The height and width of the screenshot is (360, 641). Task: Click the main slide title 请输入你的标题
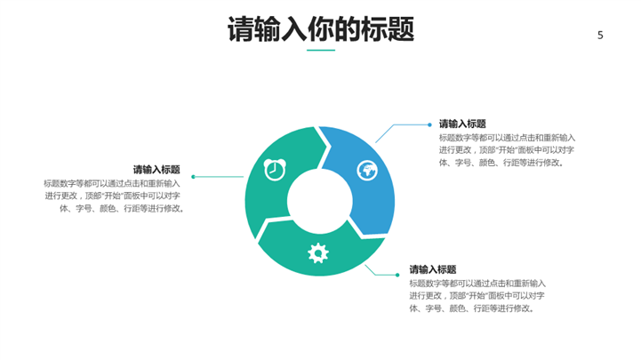(x=321, y=29)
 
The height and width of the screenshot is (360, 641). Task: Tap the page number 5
(x=600, y=36)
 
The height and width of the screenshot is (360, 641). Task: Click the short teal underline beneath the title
(x=321, y=51)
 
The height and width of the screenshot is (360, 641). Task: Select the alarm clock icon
(x=275, y=170)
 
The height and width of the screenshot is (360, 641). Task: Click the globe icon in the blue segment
(x=367, y=171)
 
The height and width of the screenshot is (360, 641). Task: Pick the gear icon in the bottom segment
(x=318, y=253)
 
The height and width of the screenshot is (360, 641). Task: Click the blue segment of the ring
(x=360, y=180)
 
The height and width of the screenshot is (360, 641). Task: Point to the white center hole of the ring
(x=320, y=201)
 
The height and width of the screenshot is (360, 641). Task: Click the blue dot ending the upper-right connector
(x=429, y=124)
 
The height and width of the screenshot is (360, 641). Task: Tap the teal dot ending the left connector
(x=193, y=177)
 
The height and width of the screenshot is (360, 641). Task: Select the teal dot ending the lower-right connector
(x=397, y=275)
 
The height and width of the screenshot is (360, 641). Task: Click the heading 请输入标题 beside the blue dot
(x=462, y=124)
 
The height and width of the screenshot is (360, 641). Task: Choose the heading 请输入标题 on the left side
(x=156, y=170)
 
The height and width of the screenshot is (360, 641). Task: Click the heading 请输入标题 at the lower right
(x=433, y=269)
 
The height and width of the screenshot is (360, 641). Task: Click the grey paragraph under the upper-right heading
(x=507, y=150)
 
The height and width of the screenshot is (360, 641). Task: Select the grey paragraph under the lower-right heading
(x=477, y=295)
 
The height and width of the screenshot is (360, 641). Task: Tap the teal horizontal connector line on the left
(x=219, y=177)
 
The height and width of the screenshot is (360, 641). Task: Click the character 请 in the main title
(x=241, y=29)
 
